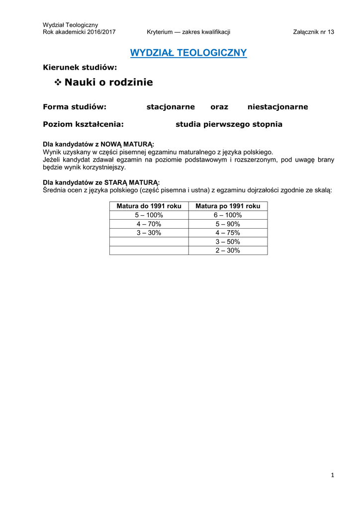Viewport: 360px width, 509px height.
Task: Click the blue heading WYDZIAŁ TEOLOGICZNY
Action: click(x=188, y=53)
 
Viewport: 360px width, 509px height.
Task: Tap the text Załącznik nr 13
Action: click(x=314, y=32)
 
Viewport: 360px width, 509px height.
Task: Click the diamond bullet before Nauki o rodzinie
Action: click(x=57, y=83)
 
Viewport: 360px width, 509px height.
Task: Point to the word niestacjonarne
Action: click(x=277, y=107)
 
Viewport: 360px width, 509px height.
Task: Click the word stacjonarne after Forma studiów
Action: click(x=170, y=107)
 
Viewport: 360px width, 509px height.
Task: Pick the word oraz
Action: click(x=219, y=107)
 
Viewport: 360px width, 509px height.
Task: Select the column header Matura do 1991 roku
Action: click(x=149, y=206)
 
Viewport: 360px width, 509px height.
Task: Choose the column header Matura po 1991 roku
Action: click(x=228, y=206)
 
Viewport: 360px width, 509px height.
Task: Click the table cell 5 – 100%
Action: click(x=149, y=215)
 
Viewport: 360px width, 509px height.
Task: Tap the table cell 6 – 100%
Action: click(x=228, y=215)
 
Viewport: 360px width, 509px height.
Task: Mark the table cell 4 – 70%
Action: click(x=149, y=224)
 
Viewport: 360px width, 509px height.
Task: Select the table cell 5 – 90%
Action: click(x=228, y=224)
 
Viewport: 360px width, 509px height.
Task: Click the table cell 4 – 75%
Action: click(x=228, y=233)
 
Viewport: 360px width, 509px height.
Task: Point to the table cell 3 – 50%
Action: click(x=228, y=242)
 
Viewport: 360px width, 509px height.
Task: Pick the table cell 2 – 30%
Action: click(x=228, y=251)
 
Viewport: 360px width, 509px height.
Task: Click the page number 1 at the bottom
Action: click(x=332, y=476)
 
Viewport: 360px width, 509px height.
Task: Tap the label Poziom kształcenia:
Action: click(x=83, y=124)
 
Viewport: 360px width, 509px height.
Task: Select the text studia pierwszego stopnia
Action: click(x=229, y=124)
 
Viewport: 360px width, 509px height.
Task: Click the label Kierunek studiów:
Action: click(x=80, y=67)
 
